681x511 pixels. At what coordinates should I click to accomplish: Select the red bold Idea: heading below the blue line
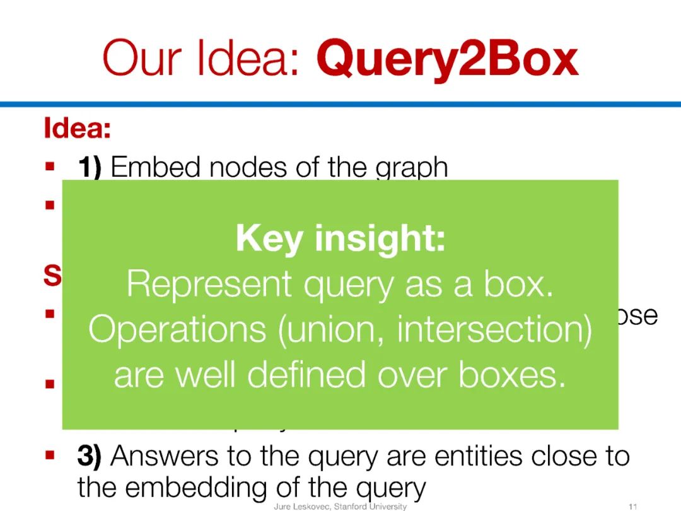pyautogui.click(x=77, y=129)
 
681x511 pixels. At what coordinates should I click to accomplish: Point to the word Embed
pyautogui.click(x=156, y=168)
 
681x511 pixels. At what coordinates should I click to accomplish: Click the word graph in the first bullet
pyautogui.click(x=412, y=169)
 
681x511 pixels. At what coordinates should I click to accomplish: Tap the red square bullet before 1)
pyautogui.click(x=50, y=168)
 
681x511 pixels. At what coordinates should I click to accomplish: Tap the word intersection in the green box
pyautogui.click(x=494, y=329)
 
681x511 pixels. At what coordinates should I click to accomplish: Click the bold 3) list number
pyautogui.click(x=89, y=456)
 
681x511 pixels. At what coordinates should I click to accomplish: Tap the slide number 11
pyautogui.click(x=633, y=507)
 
